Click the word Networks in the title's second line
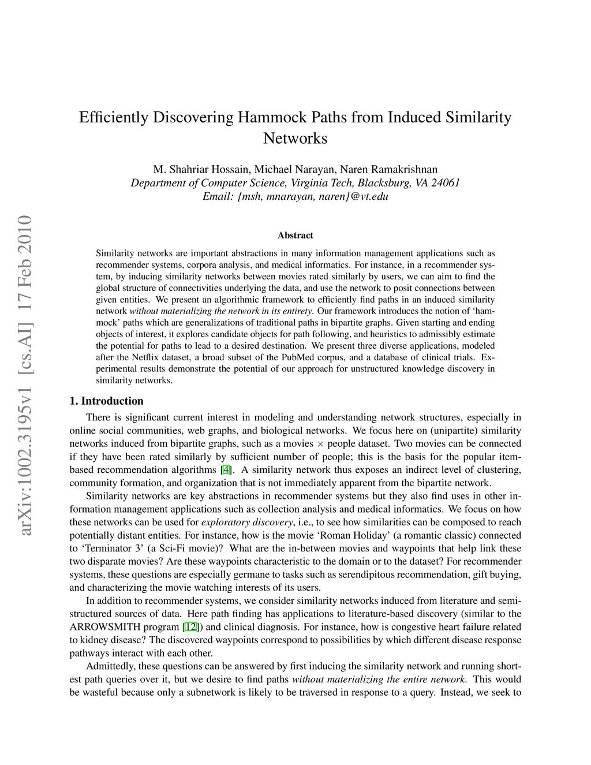click(x=295, y=139)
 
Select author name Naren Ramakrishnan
click(x=388, y=169)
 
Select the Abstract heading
click(x=295, y=236)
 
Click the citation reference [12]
click(x=190, y=627)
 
